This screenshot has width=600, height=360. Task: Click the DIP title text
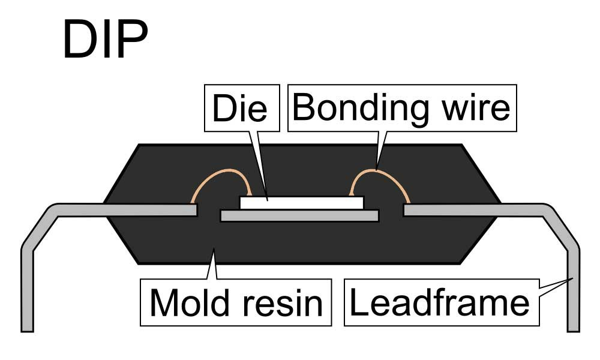click(105, 40)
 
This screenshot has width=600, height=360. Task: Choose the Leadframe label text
click(439, 302)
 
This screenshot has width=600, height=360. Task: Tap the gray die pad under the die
click(299, 215)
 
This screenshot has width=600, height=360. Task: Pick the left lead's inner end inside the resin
click(193, 210)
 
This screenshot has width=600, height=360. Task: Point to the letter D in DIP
click(77, 40)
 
